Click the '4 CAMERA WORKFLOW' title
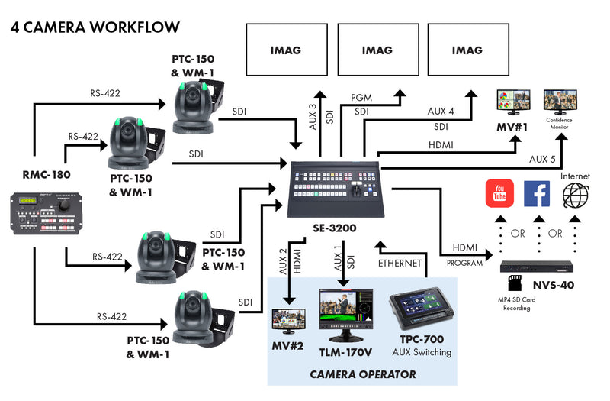(x=95, y=27)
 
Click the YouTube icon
(x=499, y=194)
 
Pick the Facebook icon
(x=537, y=194)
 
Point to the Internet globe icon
(x=576, y=194)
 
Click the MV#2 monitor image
(x=288, y=320)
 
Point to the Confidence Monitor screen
(x=560, y=102)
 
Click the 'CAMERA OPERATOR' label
(x=362, y=374)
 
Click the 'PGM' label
(x=361, y=98)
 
